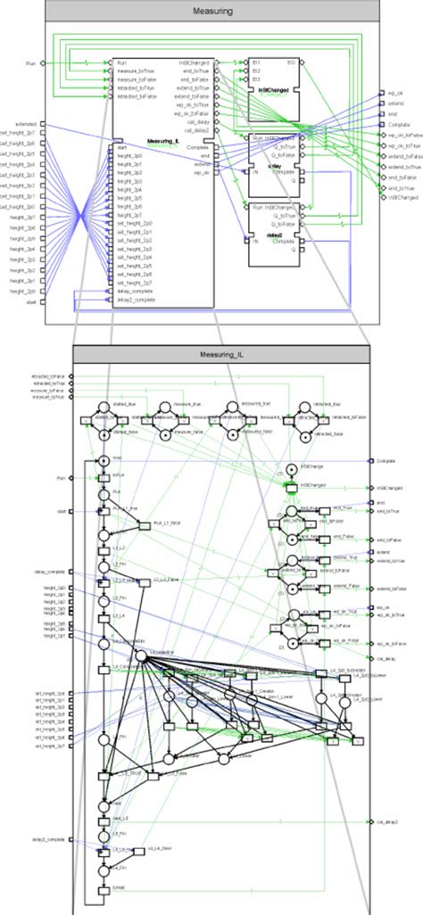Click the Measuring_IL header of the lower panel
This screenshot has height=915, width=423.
(x=220, y=353)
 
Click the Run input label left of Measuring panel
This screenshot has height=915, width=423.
(x=30, y=63)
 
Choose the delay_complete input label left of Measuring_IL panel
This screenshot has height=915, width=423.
(x=51, y=572)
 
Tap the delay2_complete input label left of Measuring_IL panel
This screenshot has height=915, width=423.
(x=49, y=839)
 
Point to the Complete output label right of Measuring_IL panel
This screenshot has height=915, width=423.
(x=386, y=461)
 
